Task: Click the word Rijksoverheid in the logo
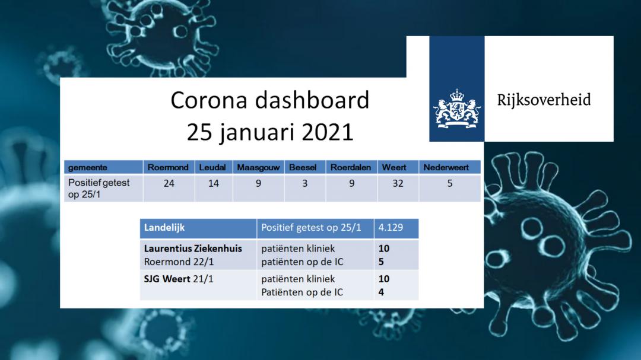click(544, 100)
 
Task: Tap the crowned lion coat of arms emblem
click(457, 108)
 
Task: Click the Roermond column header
click(168, 167)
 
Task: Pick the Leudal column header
click(212, 167)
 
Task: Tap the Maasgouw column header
click(258, 167)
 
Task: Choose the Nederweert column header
click(446, 167)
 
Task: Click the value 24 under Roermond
click(169, 183)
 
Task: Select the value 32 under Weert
click(398, 183)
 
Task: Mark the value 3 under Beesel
click(305, 183)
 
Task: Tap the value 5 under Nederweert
click(450, 183)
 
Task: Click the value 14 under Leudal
click(214, 183)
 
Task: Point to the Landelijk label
click(164, 228)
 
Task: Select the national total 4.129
click(391, 228)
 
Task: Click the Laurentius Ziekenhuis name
click(193, 249)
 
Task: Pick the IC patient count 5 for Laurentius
click(381, 262)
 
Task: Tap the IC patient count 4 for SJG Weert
click(381, 292)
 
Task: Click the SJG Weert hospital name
click(167, 279)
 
